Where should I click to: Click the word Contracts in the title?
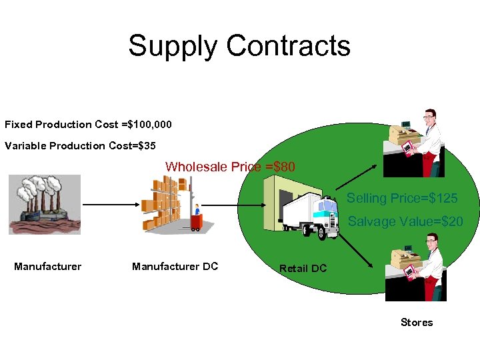(288, 46)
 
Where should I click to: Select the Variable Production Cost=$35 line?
(80, 146)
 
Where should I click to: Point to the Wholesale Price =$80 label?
(230, 167)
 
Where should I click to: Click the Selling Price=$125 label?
(402, 199)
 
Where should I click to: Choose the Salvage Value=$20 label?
(405, 222)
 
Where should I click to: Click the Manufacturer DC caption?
(175, 267)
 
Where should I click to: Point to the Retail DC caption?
(303, 269)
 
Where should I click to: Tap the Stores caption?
(417, 323)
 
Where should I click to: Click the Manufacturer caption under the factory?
(48, 267)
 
